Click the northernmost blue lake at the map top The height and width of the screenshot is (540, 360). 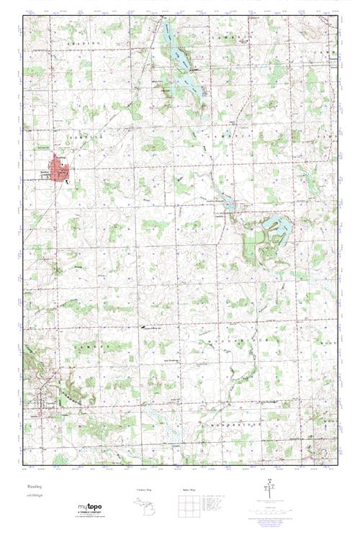click(x=167, y=32)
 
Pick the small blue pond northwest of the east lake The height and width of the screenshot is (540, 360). click(x=229, y=204)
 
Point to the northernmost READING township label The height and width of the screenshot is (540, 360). click(x=81, y=44)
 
